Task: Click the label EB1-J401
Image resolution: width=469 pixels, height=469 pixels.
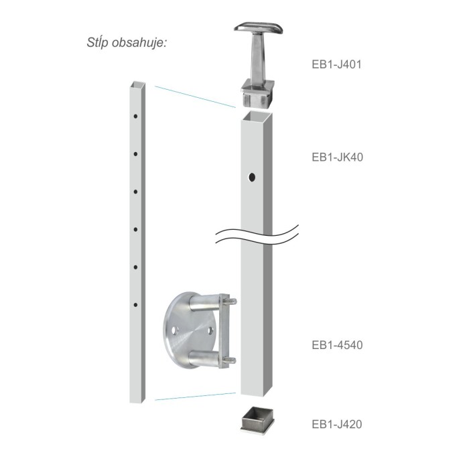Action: point(336,64)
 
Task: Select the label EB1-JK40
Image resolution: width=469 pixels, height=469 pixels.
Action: point(338,157)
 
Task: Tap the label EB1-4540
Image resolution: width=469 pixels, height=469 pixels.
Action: point(337,345)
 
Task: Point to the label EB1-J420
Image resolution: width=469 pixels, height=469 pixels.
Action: point(337,424)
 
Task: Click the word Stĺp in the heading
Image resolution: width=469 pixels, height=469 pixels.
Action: point(97,42)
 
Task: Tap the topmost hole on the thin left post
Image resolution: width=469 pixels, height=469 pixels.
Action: point(135,116)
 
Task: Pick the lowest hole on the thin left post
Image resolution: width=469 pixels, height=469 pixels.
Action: point(135,305)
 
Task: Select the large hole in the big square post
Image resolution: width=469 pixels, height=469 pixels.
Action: point(252,178)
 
